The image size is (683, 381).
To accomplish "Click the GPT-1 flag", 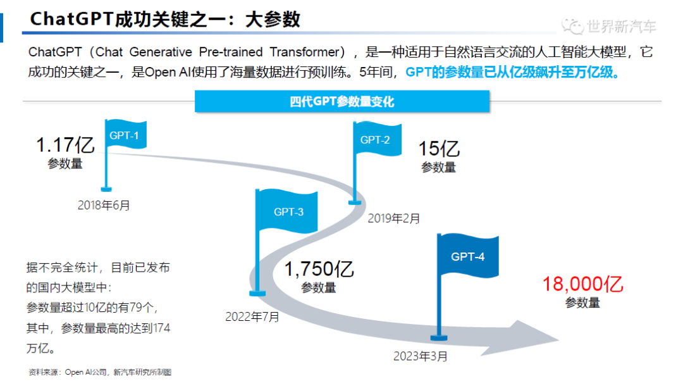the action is click(x=125, y=135).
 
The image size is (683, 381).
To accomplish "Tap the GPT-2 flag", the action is click(x=377, y=139).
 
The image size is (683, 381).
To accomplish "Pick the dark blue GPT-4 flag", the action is click(x=468, y=256).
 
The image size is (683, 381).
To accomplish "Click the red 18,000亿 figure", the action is click(x=583, y=284).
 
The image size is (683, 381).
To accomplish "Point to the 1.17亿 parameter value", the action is click(x=65, y=145).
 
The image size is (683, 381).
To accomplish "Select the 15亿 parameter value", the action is click(x=439, y=149).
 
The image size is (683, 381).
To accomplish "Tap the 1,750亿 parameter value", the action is click(x=319, y=269).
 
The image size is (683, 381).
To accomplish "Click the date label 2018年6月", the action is click(x=104, y=205).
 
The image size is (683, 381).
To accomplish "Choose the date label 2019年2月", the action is click(x=394, y=218).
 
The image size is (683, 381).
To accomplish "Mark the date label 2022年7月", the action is click(x=252, y=316).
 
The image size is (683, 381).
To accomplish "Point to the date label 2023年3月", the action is click(x=421, y=356).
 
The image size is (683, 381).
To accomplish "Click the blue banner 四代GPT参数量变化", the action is click(x=342, y=101).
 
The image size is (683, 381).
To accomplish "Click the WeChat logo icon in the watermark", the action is click(x=572, y=26).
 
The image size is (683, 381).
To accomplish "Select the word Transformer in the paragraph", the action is click(x=304, y=52).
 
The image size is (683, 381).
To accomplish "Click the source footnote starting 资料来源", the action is click(x=100, y=372).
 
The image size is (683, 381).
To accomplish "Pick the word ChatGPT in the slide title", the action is click(x=71, y=19).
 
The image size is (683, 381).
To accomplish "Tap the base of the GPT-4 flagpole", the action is click(x=439, y=338).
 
